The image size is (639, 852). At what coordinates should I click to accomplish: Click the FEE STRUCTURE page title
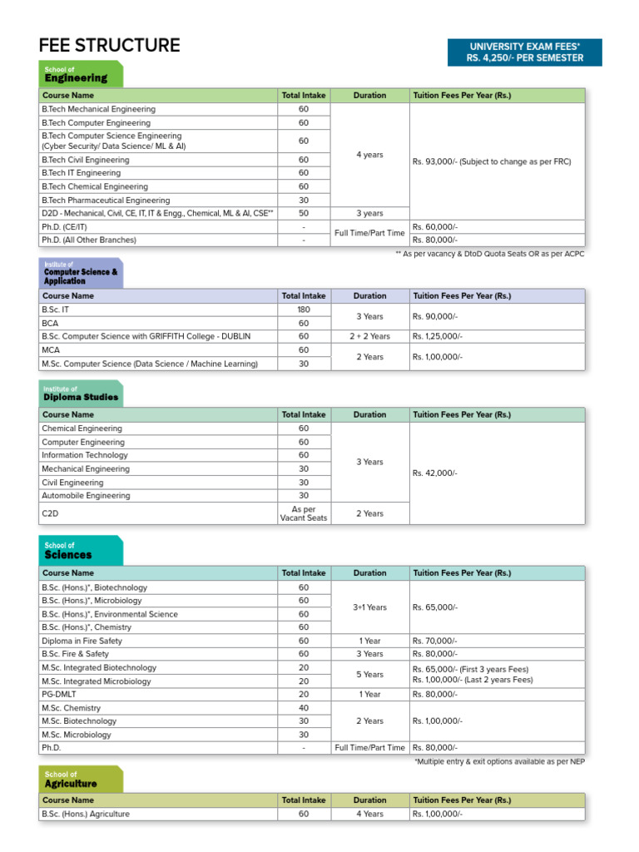point(109,46)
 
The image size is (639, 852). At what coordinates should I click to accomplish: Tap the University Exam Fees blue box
point(524,52)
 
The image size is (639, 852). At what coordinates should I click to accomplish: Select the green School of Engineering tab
point(81,74)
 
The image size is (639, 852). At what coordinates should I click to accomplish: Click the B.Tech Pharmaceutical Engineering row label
point(106,201)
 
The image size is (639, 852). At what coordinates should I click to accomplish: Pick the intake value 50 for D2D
point(304,214)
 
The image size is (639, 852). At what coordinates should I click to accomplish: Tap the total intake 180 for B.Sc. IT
point(304,310)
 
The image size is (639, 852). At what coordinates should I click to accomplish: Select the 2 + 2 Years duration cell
point(369,336)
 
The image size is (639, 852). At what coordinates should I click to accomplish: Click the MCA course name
point(52,350)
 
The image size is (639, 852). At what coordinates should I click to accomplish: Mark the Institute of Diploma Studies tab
point(81,394)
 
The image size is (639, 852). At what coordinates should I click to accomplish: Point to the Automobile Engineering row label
point(86,496)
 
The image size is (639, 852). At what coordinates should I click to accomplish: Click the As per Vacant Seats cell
point(304,513)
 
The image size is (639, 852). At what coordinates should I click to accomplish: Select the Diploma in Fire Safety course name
point(82,641)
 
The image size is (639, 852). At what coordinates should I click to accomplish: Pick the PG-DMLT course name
point(59,695)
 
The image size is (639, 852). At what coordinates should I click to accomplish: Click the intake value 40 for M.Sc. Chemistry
point(304,708)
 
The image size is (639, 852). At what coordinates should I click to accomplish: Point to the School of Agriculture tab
point(81,780)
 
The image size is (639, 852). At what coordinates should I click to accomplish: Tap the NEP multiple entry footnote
point(499,762)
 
